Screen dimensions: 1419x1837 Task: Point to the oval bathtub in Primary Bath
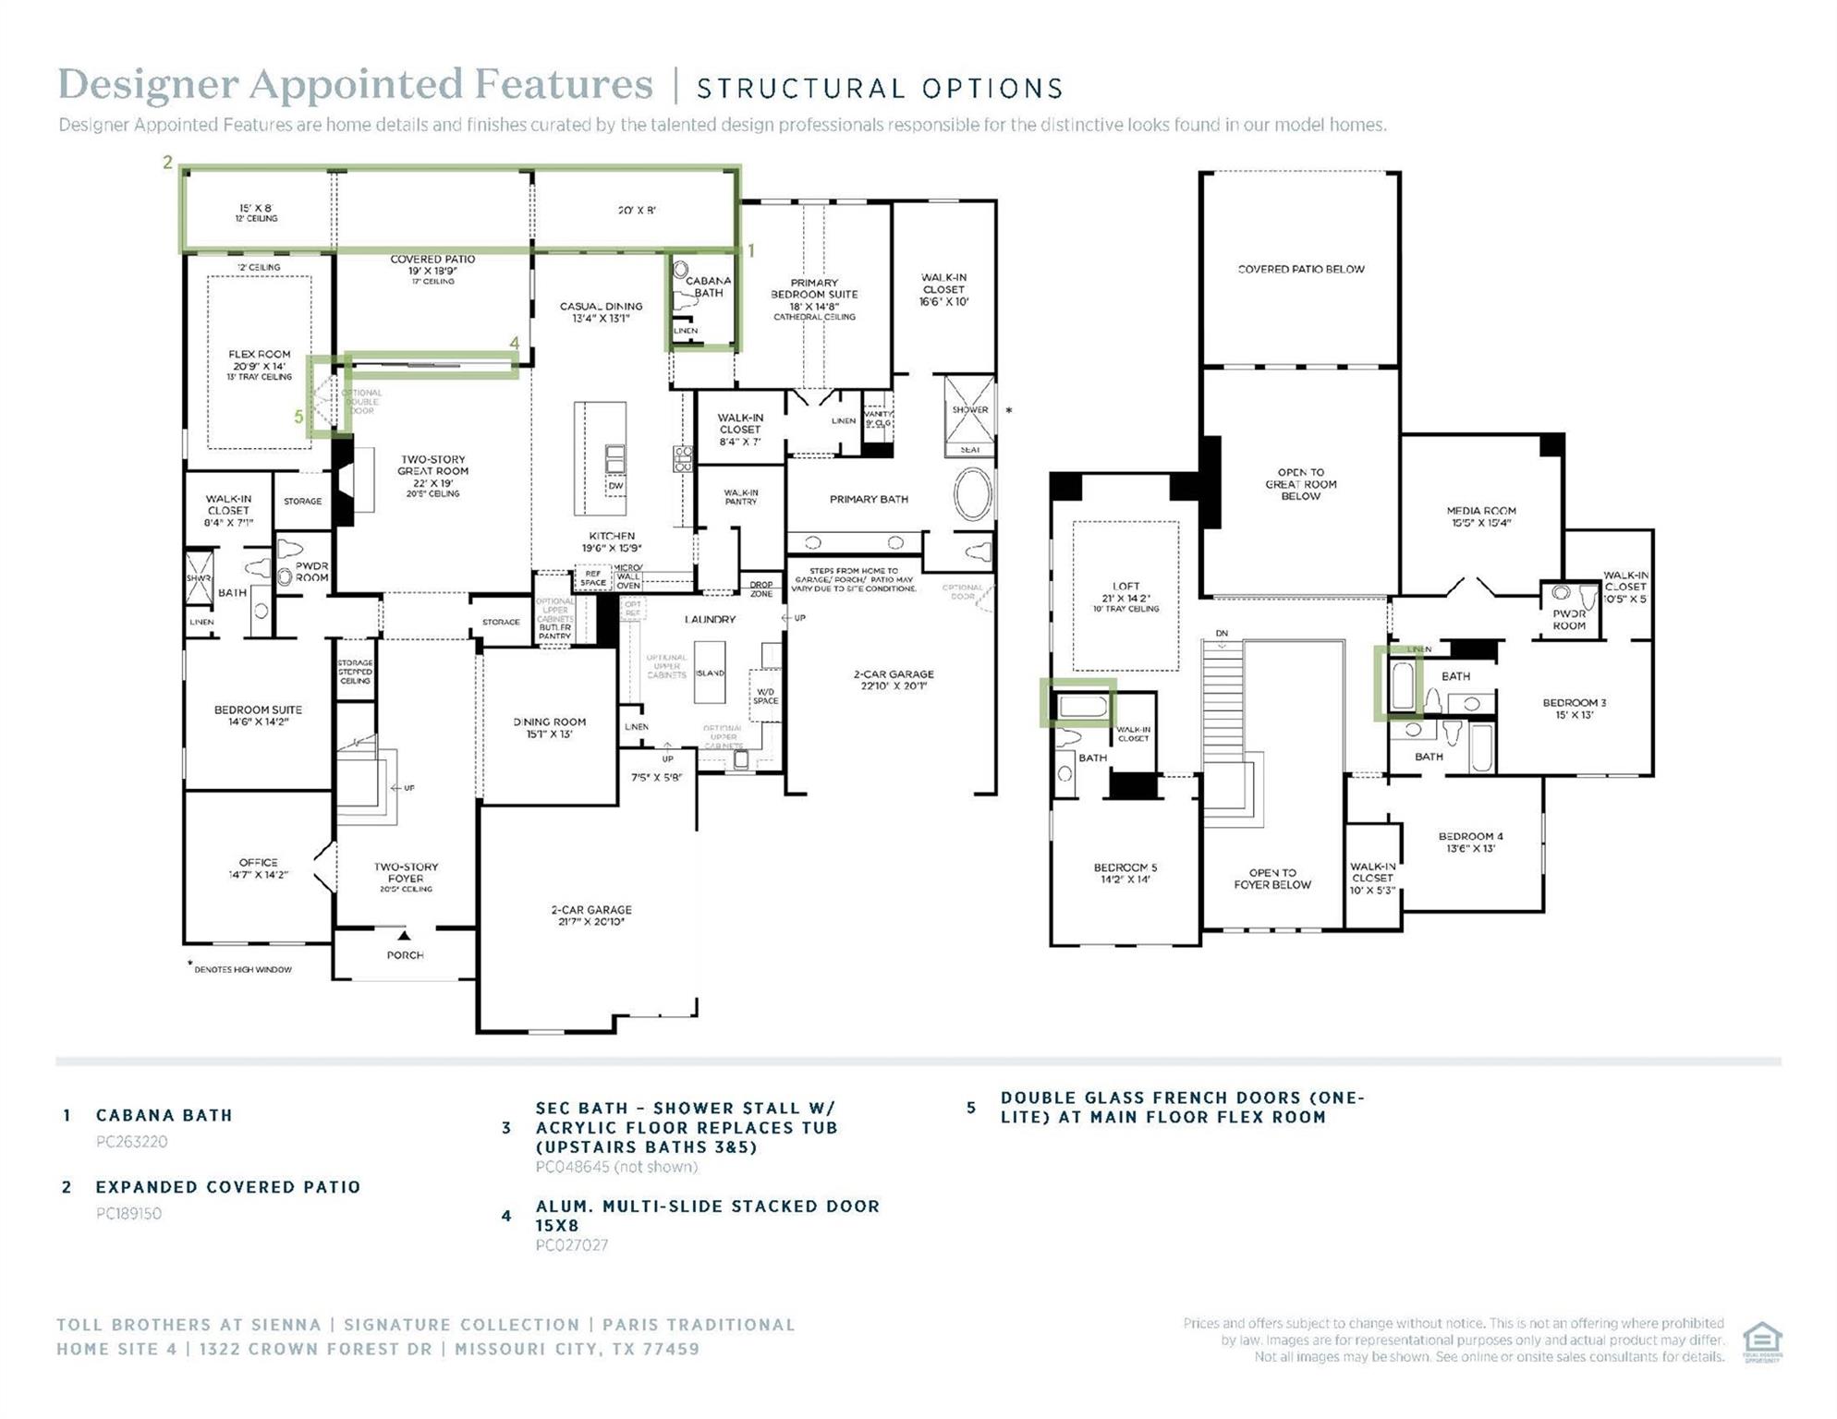click(972, 496)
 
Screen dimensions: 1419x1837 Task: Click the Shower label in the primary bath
click(970, 409)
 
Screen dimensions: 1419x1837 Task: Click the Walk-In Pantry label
click(740, 497)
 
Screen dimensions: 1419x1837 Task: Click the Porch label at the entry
click(405, 954)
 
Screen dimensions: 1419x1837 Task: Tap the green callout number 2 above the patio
click(167, 163)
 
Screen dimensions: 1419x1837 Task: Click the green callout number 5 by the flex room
click(298, 417)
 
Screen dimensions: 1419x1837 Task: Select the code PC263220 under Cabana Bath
click(131, 1141)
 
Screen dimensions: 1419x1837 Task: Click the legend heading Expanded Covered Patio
click(227, 1187)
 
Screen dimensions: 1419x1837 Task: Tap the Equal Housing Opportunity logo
click(1761, 1340)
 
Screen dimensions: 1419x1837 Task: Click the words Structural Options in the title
click(879, 89)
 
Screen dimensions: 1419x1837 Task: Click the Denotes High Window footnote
click(242, 969)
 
